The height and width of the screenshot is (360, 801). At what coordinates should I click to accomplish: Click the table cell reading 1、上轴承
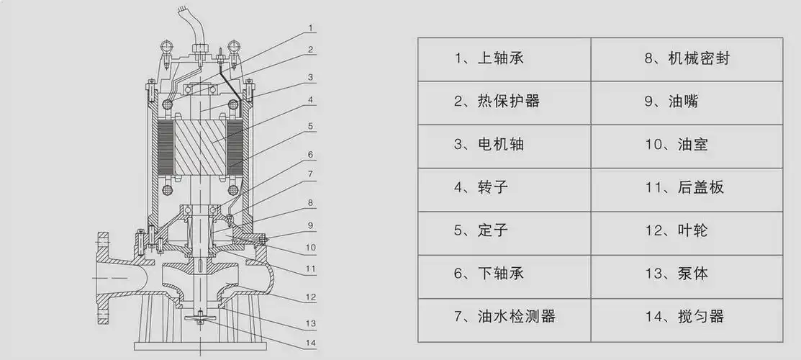click(x=504, y=58)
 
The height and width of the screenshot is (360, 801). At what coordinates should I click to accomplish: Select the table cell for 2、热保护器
click(x=504, y=102)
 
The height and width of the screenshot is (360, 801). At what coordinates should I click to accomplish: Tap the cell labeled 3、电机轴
click(x=504, y=145)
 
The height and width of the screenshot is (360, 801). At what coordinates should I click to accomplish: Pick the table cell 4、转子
click(x=504, y=188)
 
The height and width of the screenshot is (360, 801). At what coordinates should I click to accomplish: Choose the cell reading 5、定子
click(x=504, y=231)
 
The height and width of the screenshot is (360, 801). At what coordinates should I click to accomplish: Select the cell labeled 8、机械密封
click(x=687, y=58)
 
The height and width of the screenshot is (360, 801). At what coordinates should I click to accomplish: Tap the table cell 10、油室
click(x=687, y=145)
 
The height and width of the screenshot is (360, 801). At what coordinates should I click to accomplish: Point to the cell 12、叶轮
click(x=687, y=231)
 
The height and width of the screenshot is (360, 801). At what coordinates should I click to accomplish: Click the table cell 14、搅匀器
click(x=687, y=317)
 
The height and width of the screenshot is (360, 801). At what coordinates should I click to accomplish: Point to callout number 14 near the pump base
click(x=310, y=343)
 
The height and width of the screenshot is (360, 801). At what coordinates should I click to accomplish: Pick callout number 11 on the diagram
click(x=310, y=270)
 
